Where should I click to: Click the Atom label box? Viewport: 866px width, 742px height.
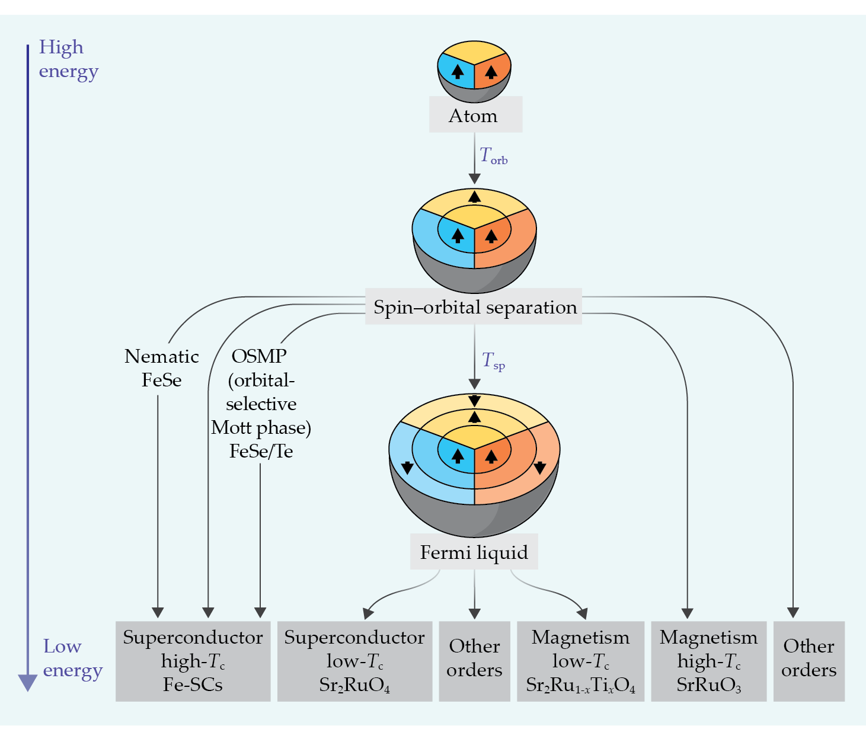[x=475, y=114]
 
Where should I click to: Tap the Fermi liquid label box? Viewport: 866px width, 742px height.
[x=474, y=551]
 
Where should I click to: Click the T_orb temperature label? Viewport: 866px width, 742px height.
[x=493, y=155]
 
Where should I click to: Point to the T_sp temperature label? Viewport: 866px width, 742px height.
[x=493, y=360]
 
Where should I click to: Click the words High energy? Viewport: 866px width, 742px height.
[x=68, y=59]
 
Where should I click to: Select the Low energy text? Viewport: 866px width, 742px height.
[x=72, y=658]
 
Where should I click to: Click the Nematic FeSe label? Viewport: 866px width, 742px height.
[x=161, y=368]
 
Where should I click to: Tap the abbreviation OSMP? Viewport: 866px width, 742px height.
[x=259, y=356]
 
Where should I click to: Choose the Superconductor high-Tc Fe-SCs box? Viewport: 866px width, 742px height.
[x=193, y=661]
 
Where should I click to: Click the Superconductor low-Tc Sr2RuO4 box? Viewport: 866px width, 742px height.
[x=355, y=661]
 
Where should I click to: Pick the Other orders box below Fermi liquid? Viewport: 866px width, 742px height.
[x=475, y=661]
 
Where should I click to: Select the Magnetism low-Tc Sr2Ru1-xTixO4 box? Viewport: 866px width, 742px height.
[x=581, y=661]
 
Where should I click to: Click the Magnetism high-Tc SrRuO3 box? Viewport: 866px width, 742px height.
[x=709, y=661]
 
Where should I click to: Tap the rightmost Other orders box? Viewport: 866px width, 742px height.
[x=809, y=661]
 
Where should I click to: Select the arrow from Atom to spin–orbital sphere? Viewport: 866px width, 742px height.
[x=474, y=158]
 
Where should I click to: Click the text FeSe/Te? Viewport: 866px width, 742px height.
[x=261, y=451]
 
